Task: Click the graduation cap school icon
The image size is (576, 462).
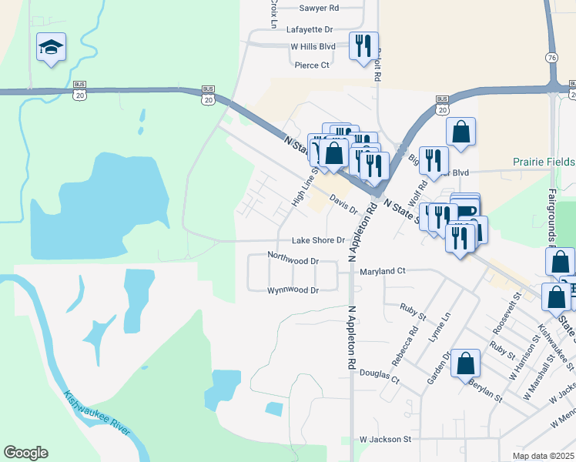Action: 51,48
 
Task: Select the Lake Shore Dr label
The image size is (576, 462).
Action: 317,240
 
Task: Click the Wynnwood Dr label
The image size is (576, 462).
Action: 293,290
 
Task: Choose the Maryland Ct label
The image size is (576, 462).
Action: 380,271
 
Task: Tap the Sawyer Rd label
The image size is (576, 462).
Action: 319,8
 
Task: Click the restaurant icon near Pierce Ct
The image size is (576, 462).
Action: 362,45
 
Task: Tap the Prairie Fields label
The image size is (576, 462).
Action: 544,162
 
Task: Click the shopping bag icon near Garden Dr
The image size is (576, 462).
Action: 465,362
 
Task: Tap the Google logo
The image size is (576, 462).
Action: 25,453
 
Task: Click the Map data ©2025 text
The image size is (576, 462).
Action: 544,456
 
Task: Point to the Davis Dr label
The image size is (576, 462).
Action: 343,205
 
